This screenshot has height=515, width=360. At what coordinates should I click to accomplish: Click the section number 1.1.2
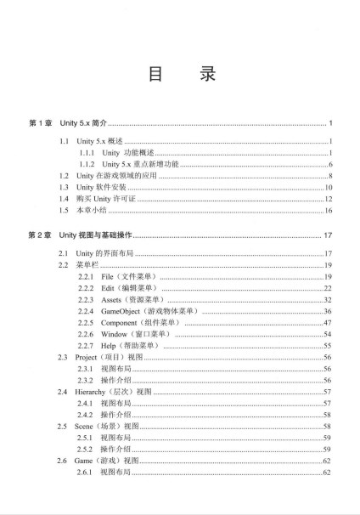[86, 163]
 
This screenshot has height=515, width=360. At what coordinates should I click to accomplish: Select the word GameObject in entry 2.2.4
[123, 312]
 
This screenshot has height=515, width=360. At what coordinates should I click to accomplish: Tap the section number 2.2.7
[86, 347]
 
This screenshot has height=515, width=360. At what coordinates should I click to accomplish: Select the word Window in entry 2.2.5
[114, 336]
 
